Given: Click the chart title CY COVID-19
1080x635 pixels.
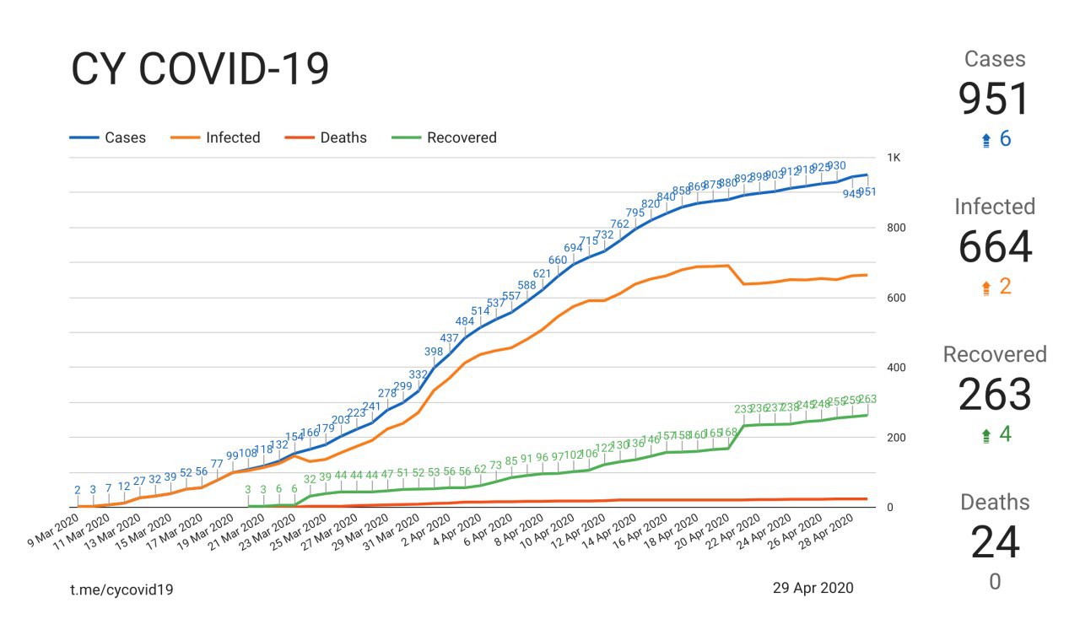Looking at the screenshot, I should tap(200, 70).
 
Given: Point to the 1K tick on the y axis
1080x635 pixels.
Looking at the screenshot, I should tap(894, 158).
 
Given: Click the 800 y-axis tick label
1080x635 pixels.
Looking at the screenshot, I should tap(897, 228).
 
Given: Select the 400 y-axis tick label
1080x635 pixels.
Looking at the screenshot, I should tap(897, 368).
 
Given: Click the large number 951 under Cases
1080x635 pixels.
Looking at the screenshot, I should tap(995, 100).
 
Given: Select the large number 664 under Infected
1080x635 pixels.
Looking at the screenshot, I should tap(995, 247).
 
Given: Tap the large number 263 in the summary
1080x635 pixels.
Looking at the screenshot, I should tap(995, 395).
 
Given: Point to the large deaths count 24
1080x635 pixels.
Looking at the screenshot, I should tap(995, 542).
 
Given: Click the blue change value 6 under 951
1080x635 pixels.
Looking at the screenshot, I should tap(1004, 139).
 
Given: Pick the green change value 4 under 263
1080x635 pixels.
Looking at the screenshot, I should tap(1004, 435).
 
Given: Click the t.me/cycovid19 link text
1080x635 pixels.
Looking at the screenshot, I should tap(121, 589).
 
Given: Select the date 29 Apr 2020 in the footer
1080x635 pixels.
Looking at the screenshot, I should tap(813, 588).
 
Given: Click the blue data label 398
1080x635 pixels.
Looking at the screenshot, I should tap(434, 352).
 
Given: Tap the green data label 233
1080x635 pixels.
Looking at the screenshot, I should tap(743, 409).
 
